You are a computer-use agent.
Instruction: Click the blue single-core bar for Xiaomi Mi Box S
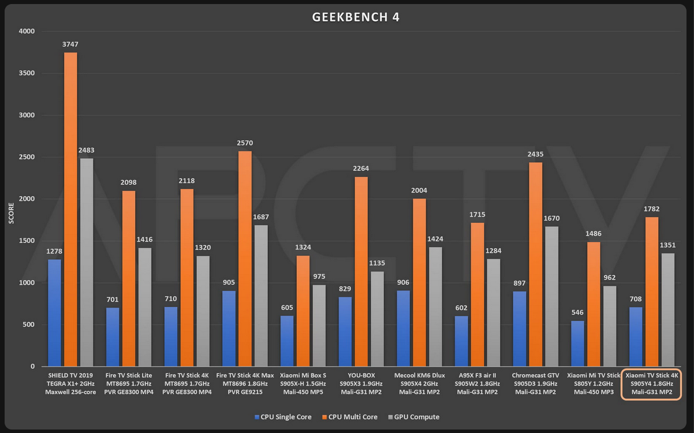(287, 341)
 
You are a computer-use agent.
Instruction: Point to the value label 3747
(70, 44)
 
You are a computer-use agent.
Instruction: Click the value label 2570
(245, 143)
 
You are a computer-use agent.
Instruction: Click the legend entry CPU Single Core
(283, 417)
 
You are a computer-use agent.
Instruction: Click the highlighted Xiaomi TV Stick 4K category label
(651, 383)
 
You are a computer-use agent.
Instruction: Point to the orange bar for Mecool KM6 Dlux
(419, 282)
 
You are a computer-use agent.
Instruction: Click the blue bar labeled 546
(577, 344)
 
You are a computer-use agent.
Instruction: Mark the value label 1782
(651, 209)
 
